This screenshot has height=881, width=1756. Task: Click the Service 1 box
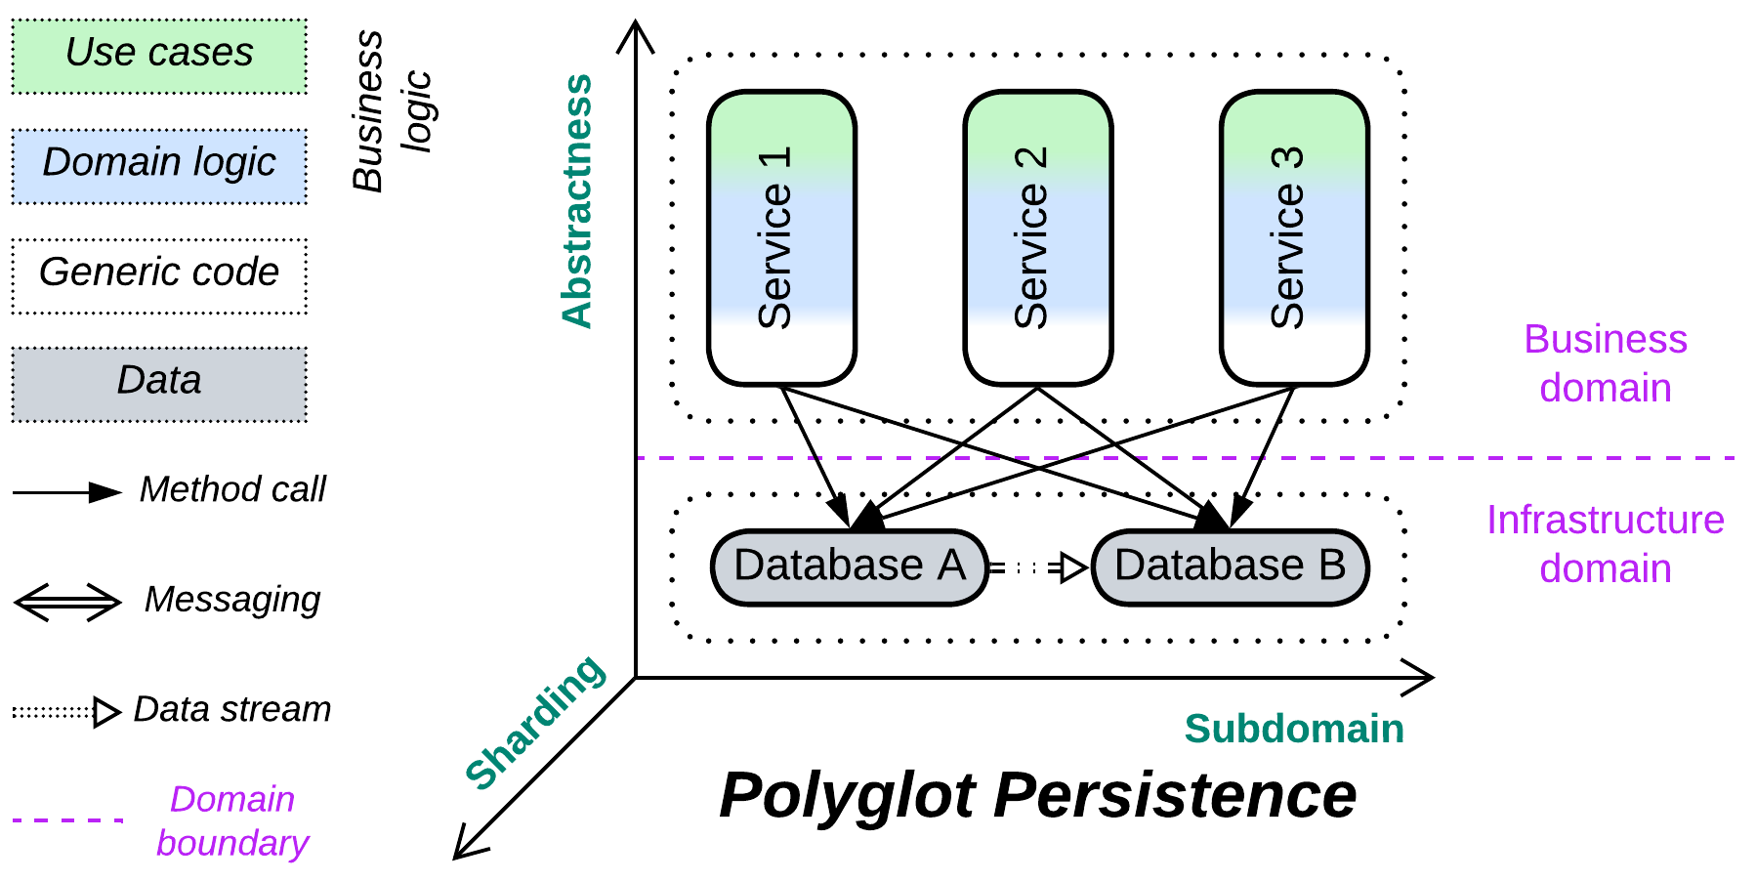(781, 238)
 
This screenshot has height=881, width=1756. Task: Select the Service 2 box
(1037, 238)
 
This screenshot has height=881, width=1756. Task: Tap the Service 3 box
(1294, 238)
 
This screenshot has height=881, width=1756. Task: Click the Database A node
(849, 566)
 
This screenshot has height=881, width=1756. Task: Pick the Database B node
(1230, 566)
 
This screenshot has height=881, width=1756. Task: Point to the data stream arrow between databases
(1038, 567)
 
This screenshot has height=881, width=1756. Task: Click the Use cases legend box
(159, 56)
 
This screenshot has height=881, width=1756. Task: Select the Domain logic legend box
(159, 165)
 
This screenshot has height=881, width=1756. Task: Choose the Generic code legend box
(159, 275)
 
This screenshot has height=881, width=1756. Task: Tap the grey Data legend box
(159, 384)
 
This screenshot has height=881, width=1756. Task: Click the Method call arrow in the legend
(66, 492)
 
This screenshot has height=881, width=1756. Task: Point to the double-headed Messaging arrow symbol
(66, 602)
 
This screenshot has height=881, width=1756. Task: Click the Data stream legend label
(232, 709)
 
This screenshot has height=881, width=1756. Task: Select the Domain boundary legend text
(232, 820)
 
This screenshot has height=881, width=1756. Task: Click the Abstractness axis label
(577, 200)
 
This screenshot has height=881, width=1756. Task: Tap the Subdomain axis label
(1293, 729)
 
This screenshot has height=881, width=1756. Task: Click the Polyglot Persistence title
(1037, 795)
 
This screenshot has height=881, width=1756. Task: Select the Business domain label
(1605, 363)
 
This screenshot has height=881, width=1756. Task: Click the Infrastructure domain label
(1605, 544)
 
